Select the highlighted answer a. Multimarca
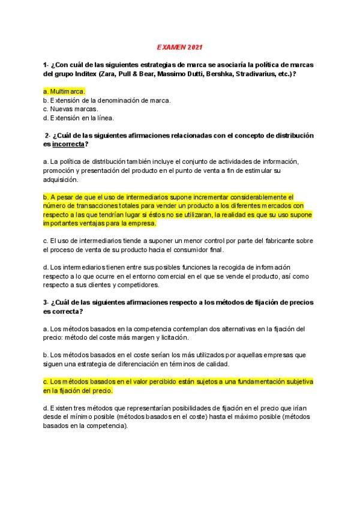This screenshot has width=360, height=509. [64, 91]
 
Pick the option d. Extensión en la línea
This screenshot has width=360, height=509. [79, 118]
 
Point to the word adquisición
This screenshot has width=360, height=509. [61, 179]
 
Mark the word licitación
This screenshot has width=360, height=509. [164, 338]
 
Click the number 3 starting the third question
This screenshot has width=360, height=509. [45, 303]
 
